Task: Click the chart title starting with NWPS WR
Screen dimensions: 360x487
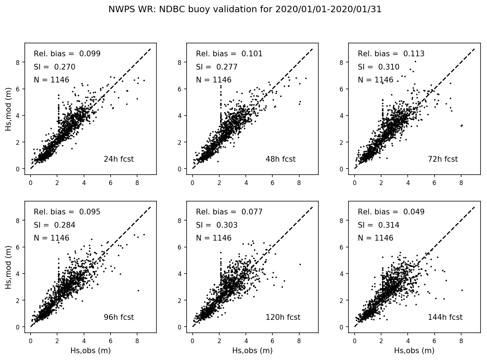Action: coord(245,10)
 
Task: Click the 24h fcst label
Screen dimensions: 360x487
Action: coord(118,159)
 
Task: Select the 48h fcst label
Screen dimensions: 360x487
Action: coord(280,159)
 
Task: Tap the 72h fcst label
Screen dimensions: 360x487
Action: coord(442,159)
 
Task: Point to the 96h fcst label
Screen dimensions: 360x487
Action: coord(118,317)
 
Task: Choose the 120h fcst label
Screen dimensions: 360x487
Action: coord(283,317)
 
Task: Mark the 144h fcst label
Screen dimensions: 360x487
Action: coord(445,317)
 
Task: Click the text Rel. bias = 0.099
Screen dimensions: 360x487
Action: coord(67,54)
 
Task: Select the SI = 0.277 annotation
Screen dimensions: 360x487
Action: coord(217,67)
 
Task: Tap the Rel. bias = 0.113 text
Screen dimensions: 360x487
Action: coord(391,54)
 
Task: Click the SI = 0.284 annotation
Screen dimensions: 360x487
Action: coord(55,225)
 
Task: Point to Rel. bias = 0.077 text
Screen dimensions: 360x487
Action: coord(229,212)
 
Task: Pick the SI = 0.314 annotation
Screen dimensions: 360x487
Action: coord(379,225)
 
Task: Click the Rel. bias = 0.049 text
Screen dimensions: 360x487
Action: coord(391,212)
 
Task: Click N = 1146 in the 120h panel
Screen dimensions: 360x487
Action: coord(214,238)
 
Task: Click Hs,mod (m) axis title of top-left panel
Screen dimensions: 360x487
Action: coord(8,108)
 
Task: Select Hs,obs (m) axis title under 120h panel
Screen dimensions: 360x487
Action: coord(252,351)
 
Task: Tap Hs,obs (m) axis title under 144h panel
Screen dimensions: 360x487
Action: coord(414,351)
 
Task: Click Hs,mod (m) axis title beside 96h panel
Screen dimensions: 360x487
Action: coord(8,267)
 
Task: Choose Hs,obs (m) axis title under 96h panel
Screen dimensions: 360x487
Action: coord(90,351)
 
